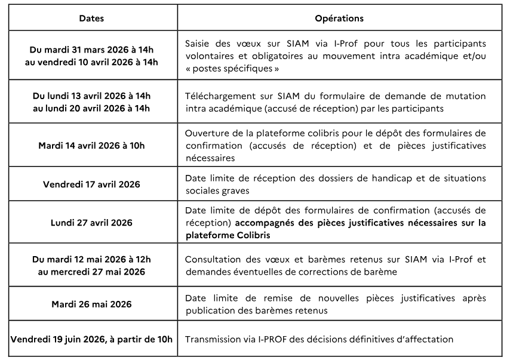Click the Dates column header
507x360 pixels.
(x=91, y=18)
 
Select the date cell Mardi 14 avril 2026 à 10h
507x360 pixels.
(x=91, y=146)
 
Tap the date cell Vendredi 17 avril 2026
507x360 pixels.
(x=91, y=184)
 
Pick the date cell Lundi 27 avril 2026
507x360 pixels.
(x=91, y=223)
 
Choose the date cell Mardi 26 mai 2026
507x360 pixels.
(x=91, y=304)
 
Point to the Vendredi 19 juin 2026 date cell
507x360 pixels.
(x=91, y=340)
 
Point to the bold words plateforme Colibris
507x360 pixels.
(x=228, y=235)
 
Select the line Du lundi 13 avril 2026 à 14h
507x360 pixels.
(x=91, y=96)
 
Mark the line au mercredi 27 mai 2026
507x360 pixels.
(x=91, y=272)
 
